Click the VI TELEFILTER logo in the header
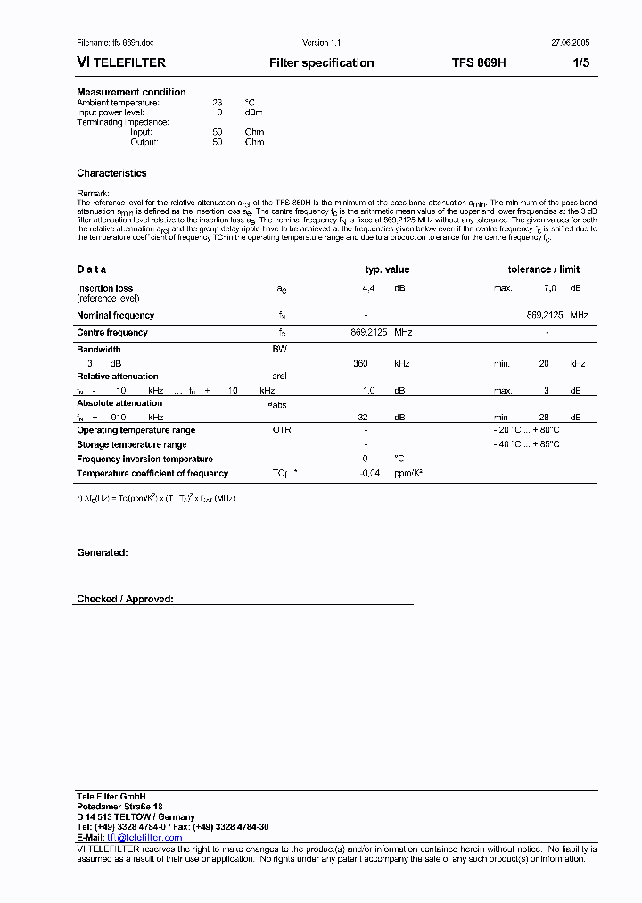pos(121,63)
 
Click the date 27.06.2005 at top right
pos(569,43)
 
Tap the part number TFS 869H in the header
pos(479,63)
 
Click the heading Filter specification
pos(321,63)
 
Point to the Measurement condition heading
pos(131,92)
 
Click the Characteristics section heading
pos(111,173)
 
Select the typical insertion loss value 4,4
pos(368,288)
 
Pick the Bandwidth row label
pos(99,349)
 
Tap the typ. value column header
pos(387,269)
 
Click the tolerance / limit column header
pos(543,269)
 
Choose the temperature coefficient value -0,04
pos(369,473)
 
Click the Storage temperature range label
pos(132,444)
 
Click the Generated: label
pos(103,553)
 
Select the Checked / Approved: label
pos(125,600)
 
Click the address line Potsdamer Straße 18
pos(119,807)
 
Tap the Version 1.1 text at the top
pos(322,43)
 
